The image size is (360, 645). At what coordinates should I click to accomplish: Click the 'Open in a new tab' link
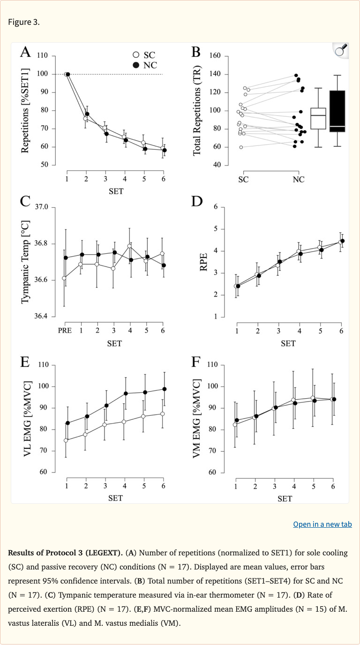click(x=322, y=524)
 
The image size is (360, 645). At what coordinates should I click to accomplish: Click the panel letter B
click(x=195, y=52)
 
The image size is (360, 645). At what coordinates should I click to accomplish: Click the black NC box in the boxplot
click(x=337, y=111)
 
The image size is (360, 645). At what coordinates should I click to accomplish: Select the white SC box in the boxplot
click(x=318, y=118)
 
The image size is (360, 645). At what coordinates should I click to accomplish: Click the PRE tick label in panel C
click(x=65, y=331)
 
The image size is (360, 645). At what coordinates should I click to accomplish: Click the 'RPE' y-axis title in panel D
click(x=203, y=263)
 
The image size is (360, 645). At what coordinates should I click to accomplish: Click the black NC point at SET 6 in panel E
click(x=164, y=389)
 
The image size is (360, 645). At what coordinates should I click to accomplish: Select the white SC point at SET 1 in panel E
click(x=66, y=440)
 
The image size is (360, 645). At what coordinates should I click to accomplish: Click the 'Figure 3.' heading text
click(x=24, y=23)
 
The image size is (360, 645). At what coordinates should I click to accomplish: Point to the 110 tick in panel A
click(x=43, y=56)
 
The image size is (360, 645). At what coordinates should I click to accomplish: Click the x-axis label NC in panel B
click(x=298, y=179)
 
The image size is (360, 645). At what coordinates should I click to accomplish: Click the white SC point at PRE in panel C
click(x=64, y=278)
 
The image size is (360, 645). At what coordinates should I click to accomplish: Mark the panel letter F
click(x=196, y=362)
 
